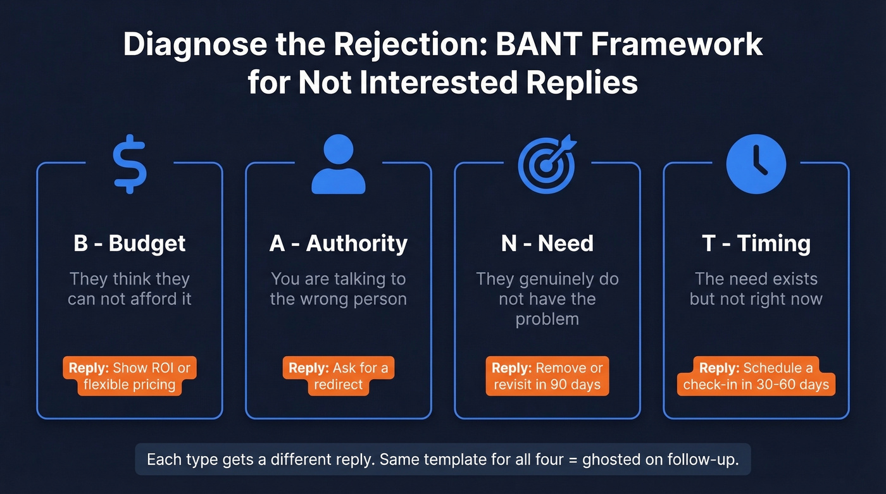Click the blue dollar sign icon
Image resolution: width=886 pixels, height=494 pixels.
[130, 163]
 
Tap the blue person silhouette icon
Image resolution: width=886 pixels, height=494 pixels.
[339, 164]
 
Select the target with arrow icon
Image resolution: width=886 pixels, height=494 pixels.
[547, 163]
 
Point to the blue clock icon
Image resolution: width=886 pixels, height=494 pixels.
[756, 163]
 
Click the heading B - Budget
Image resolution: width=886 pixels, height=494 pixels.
[130, 244]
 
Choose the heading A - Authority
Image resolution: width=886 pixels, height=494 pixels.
[339, 244]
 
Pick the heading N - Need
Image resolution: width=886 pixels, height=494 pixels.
[547, 244]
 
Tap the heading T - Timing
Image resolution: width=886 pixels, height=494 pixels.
[756, 244]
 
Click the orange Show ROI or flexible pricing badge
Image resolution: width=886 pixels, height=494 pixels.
[130, 376]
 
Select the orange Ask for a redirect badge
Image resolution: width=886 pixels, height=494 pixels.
[339, 376]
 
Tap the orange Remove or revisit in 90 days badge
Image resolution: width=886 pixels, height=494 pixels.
[547, 376]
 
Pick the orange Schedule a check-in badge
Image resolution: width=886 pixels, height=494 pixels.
[756, 376]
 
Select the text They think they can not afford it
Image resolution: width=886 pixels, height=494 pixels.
[130, 288]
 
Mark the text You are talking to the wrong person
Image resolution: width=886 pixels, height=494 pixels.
[339, 288]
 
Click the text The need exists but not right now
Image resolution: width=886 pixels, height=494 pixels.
[756, 288]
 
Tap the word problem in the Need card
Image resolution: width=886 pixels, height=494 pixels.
[547, 319]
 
